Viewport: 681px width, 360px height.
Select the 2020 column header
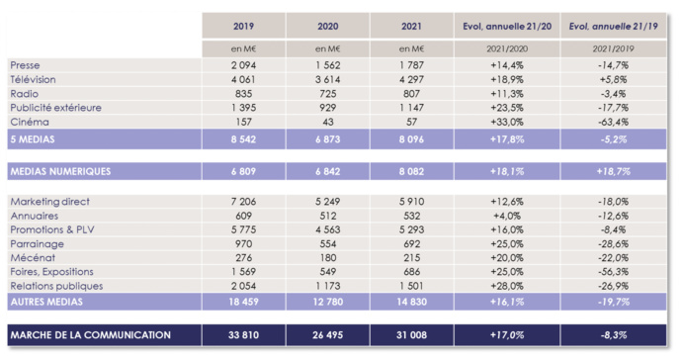pos(327,25)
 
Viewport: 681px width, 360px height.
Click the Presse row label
pos(26,64)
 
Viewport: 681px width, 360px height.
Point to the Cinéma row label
pos(29,121)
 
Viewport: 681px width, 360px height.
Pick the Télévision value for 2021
pos(411,78)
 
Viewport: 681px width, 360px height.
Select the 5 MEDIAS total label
pos(37,140)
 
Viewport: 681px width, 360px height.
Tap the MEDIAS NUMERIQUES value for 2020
pos(327,172)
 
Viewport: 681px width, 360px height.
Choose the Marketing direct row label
pos(49,202)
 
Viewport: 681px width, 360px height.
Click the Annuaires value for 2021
pos(411,216)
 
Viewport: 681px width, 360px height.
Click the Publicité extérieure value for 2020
pos(327,106)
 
